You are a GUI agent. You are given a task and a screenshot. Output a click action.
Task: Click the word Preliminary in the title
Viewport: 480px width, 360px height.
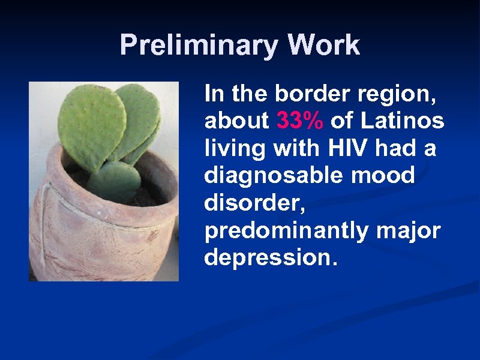199,46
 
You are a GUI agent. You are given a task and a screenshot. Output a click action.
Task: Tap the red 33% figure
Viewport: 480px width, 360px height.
301,121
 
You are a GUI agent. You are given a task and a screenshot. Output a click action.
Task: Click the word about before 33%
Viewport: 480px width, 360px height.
236,121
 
